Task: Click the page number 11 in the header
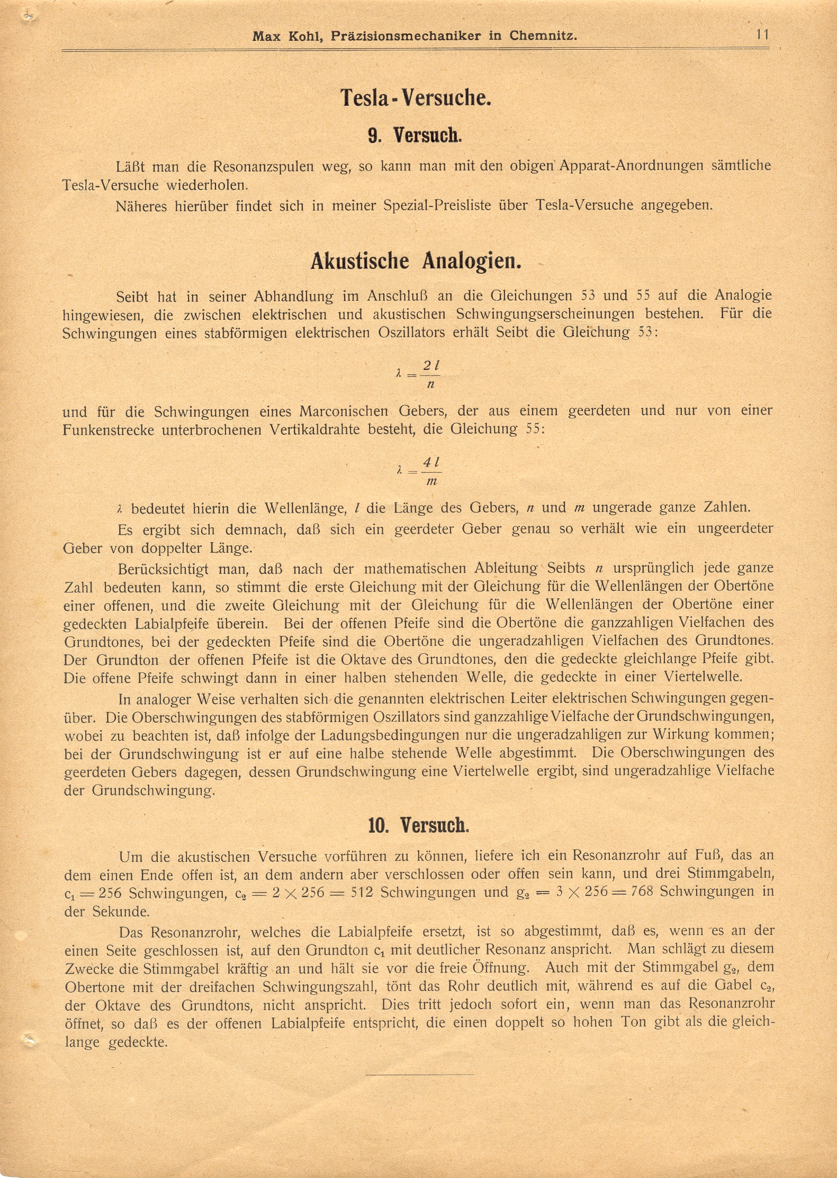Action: (762, 35)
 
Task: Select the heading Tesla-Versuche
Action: (416, 98)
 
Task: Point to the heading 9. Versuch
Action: (415, 136)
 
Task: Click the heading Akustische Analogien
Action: (416, 262)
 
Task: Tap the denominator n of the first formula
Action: (430, 384)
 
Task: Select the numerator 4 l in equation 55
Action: (431, 462)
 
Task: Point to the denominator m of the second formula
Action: (431, 481)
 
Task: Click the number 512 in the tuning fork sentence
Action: (362, 893)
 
